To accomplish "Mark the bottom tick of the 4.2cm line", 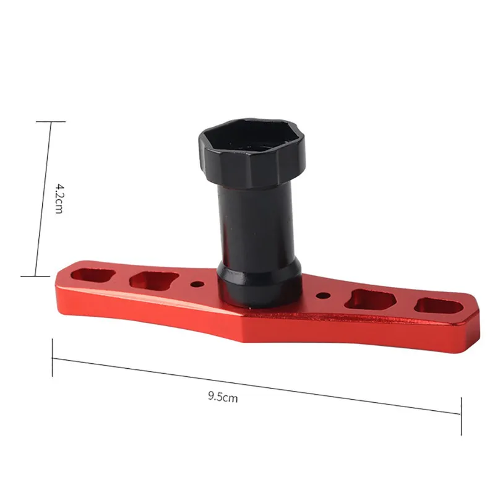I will [x=35, y=277].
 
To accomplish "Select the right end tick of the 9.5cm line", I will [x=460, y=414].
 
